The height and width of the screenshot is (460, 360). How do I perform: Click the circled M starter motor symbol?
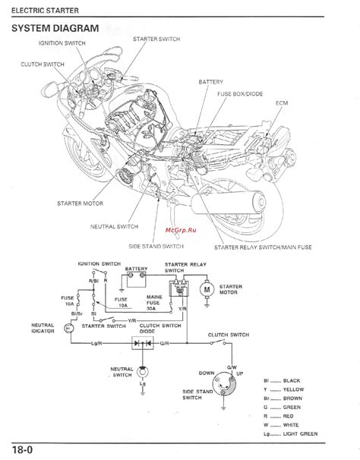coord(205,289)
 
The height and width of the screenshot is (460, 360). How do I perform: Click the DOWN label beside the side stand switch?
coord(206,373)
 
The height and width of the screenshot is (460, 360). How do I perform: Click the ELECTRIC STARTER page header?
coord(40,7)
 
